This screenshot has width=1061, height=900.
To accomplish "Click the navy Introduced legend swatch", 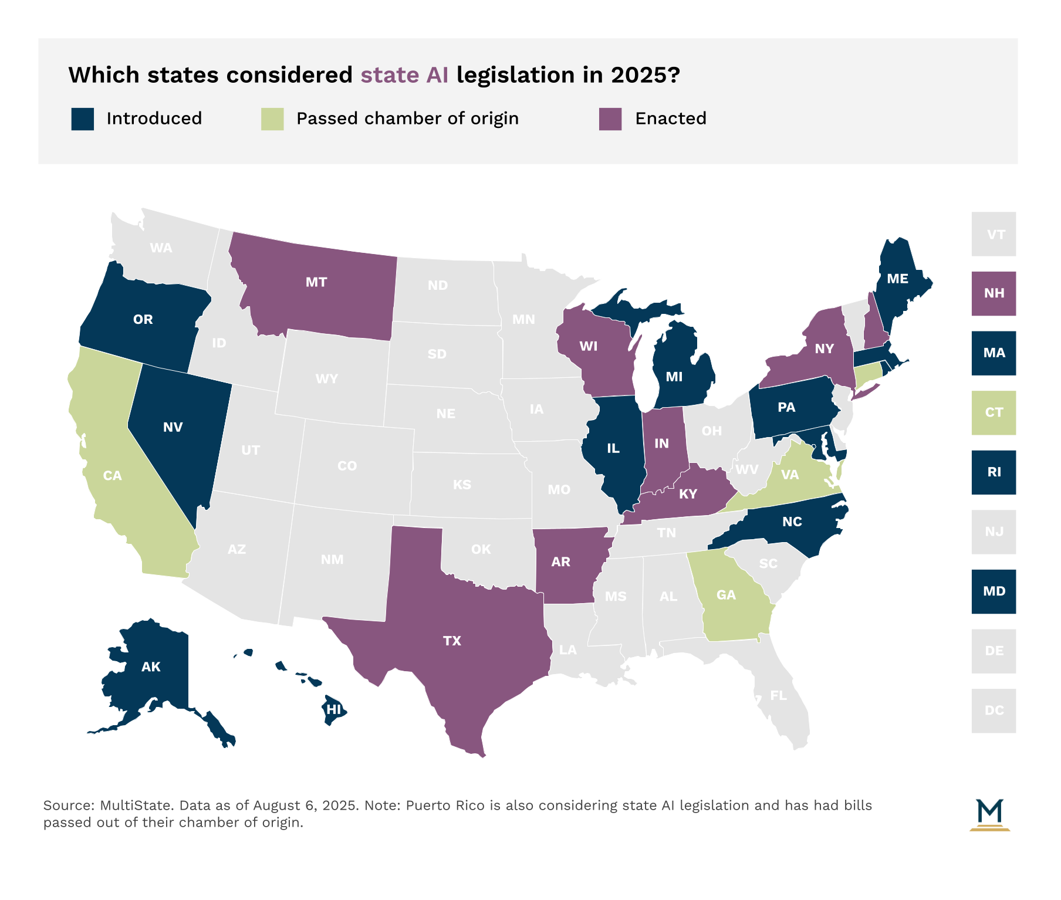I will (x=82, y=119).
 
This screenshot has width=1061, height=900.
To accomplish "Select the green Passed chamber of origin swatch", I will (x=272, y=119).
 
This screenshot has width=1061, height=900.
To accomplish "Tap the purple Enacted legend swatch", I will (x=610, y=119).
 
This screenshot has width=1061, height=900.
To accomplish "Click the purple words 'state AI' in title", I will (x=404, y=75).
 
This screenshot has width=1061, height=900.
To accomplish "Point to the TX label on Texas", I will (x=452, y=641).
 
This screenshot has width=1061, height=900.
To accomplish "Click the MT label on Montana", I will (x=316, y=282).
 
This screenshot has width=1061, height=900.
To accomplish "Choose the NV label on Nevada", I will (x=173, y=427).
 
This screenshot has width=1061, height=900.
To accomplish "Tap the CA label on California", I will (x=112, y=476).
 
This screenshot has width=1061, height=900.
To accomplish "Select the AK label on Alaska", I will (x=151, y=666).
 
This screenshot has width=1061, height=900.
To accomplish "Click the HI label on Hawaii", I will (x=333, y=709).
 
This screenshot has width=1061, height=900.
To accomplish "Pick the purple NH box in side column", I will (x=994, y=293).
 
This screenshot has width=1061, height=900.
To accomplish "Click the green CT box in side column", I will (x=994, y=412).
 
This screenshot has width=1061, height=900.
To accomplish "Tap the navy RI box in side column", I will (x=994, y=472).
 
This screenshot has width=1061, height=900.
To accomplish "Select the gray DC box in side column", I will (x=994, y=710).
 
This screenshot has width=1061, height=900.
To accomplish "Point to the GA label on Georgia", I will (x=726, y=595).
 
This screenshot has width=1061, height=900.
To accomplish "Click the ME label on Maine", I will (x=897, y=279).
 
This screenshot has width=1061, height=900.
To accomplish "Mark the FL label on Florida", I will (x=778, y=695).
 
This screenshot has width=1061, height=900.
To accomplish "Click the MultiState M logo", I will (x=989, y=814).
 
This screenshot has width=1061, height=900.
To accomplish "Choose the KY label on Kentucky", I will (x=688, y=494).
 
